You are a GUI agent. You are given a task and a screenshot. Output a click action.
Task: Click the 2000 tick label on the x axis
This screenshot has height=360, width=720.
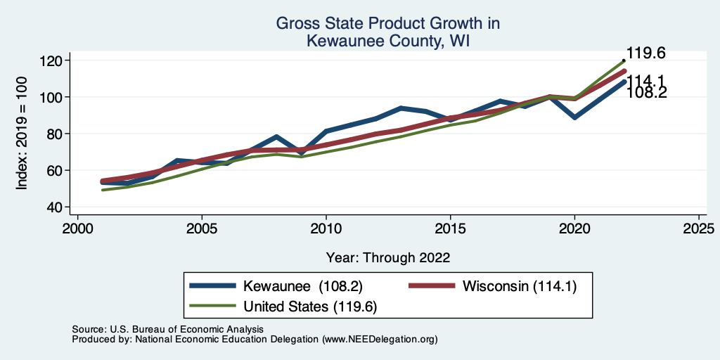coord(77,229)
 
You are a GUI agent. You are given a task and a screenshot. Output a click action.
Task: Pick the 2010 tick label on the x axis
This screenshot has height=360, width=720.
coord(326,229)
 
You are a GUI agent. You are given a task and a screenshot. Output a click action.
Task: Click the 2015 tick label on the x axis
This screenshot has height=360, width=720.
coord(450,229)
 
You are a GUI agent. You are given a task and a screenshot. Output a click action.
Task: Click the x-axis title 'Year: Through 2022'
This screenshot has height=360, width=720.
coord(387,257)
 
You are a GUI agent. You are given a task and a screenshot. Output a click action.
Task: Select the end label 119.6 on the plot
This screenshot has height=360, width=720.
coord(646,53)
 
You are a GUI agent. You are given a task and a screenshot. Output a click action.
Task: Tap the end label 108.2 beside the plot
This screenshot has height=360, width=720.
coord(646,93)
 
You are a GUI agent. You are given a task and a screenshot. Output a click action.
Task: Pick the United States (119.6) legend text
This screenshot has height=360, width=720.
coord(310,307)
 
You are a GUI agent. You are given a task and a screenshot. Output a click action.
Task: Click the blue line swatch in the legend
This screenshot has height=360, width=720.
coord(214,285)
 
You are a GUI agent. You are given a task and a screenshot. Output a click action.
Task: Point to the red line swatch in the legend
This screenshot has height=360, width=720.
coord(432,285)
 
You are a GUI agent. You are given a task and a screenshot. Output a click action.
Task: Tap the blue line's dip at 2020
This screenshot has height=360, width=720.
coord(574,117)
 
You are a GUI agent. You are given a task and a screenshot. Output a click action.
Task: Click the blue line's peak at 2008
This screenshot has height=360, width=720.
coord(276,136)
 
